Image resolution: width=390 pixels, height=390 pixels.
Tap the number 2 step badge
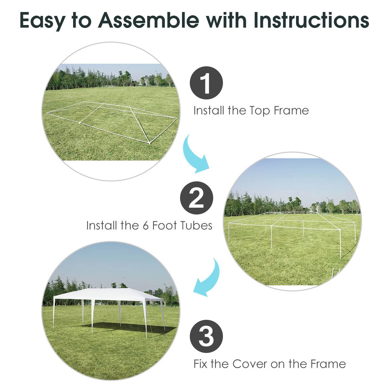click(197, 198)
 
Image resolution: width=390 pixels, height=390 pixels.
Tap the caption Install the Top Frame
click(251, 110)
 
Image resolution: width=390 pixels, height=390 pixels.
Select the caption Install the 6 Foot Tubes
click(149, 225)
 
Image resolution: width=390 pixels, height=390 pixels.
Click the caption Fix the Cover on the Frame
click(269, 364)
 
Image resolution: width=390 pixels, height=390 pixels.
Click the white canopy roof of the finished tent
click(107, 294)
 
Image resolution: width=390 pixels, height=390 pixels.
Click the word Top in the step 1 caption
click(260, 111)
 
